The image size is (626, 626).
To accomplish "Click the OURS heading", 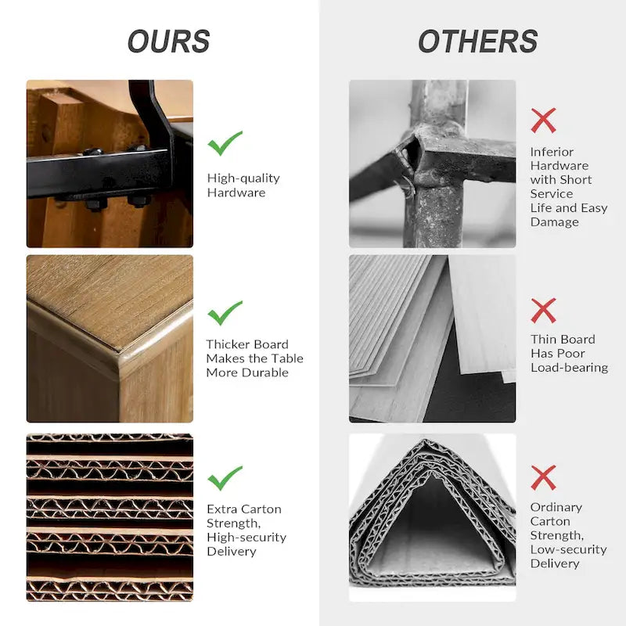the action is point(168,41).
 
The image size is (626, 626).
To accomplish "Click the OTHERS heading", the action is point(477,41).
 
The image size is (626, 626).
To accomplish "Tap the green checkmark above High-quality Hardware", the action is point(225,143).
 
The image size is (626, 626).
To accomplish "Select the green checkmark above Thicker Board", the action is point(225,312).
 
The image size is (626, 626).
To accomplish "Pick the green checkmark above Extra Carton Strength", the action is point(225,478).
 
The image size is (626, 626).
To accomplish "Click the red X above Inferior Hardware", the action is point(543,121).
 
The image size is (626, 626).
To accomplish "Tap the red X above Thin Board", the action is point(543,310).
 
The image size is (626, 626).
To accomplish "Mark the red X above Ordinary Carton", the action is point(543,477).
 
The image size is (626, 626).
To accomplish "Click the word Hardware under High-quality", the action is point(236,192).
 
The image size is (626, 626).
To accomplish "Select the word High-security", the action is point(246,538).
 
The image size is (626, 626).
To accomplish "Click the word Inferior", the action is point(552,152).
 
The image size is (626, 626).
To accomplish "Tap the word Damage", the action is point(555,222).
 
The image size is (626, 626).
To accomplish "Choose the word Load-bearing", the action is point(570,368).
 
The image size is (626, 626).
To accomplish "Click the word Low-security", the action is point(569,550).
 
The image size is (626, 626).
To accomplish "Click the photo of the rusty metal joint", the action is point(433,164).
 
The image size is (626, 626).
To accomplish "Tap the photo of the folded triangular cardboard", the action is point(433,517).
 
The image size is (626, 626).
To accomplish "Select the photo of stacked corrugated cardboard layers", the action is point(110,517).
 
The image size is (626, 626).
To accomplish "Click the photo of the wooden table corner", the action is point(110,339).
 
